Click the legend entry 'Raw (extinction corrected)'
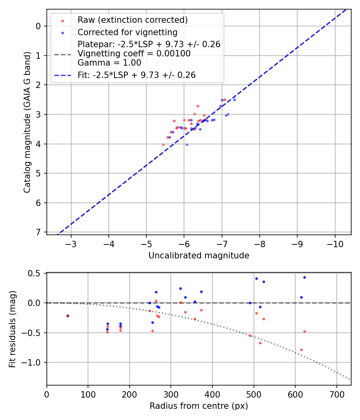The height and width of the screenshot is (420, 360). (132, 20)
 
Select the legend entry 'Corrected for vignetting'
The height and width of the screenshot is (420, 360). (127, 32)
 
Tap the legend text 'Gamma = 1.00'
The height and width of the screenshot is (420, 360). (109, 63)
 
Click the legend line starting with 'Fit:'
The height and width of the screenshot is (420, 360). (136, 75)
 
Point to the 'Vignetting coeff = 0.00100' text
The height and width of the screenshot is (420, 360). (134, 54)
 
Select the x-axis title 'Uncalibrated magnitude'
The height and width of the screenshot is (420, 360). (199, 256)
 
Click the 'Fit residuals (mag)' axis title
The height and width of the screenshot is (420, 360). (12, 328)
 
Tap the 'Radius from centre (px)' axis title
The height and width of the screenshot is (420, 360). (199, 406)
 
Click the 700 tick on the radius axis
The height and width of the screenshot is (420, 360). (336, 394)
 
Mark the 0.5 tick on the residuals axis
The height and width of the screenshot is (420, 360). (35, 273)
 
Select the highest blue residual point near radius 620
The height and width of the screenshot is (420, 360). (304, 277)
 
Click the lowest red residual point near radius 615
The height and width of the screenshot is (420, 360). (301, 350)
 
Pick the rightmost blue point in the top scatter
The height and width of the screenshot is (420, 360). (234, 100)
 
